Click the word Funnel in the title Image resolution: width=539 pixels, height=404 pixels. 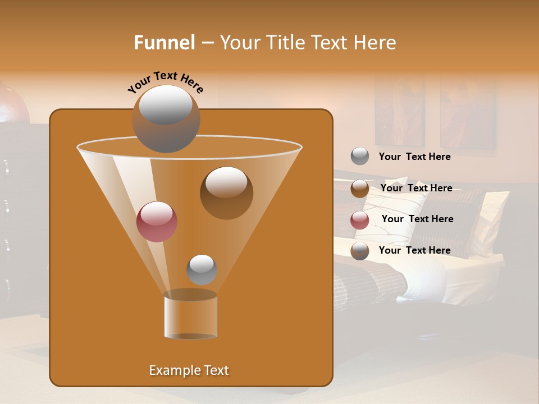pos(165,43)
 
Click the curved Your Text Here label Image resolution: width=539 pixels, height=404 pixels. pos(165,81)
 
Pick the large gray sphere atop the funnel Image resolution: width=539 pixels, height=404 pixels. pos(166,118)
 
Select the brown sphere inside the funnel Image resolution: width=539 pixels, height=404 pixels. pos(226,192)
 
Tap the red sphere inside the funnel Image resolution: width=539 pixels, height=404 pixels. pos(157,221)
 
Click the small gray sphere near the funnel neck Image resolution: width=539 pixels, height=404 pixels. pos(202,269)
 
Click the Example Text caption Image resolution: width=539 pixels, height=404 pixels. pos(189,370)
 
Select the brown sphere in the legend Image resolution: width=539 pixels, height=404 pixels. pos(360,189)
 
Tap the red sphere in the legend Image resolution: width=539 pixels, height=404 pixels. pos(360,220)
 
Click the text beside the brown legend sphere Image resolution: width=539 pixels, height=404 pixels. pos(416,188)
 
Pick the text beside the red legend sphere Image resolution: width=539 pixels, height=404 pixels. pos(417,219)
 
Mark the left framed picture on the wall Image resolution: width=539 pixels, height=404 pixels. pos(400,112)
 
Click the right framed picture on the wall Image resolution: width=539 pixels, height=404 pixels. pos(468,114)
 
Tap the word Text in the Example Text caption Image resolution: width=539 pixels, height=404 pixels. pos(216,370)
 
